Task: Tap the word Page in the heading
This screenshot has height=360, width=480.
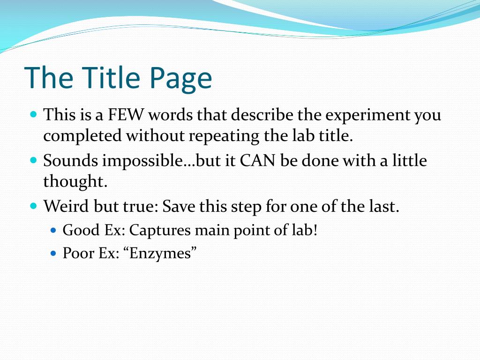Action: (180, 80)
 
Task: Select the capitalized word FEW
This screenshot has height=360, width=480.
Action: (126, 115)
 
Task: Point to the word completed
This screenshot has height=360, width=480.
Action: (82, 136)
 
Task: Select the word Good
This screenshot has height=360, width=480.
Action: (81, 230)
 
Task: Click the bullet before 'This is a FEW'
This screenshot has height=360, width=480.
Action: (34, 115)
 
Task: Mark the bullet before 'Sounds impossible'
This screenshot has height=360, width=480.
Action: (34, 160)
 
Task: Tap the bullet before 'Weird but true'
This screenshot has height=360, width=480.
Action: (34, 205)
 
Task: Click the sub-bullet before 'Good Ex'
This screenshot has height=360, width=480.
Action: (53, 230)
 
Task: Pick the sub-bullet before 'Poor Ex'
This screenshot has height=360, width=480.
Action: (53, 253)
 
